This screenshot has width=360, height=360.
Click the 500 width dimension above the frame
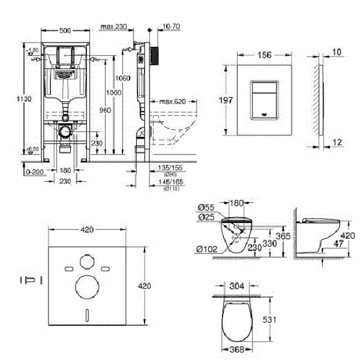pos(65,25)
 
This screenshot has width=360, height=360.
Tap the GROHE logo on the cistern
pos(65,72)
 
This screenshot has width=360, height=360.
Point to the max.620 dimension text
pos(172,101)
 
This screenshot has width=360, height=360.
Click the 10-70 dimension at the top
pos(172,25)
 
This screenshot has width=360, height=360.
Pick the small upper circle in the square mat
pos(86,260)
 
